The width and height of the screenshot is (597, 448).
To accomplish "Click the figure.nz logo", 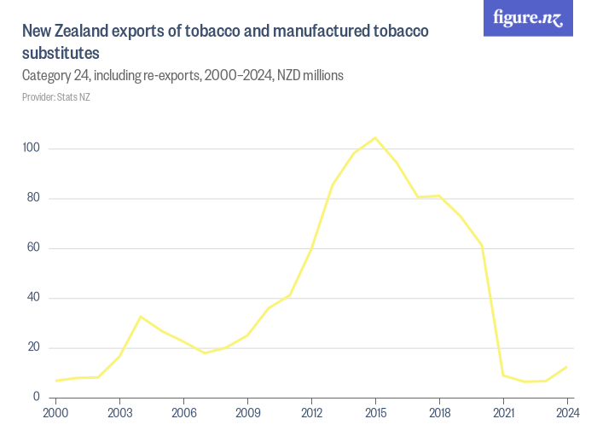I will (x=528, y=18).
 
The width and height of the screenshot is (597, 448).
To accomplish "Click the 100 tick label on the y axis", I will (x=32, y=148).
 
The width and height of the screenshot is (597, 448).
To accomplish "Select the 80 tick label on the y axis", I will (x=32, y=198).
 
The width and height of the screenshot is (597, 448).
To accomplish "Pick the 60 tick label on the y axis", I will (x=32, y=248).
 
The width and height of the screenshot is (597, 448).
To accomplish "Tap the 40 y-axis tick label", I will (x=32, y=298).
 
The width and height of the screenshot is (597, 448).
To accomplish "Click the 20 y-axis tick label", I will (x=32, y=347).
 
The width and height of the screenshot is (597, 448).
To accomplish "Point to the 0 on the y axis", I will (x=36, y=397).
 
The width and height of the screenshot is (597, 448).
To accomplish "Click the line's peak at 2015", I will (x=375, y=137).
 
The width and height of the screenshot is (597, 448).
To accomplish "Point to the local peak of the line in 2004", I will (x=141, y=317).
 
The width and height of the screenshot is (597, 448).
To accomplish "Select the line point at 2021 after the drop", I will (x=503, y=375).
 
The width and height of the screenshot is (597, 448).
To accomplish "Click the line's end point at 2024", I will (x=567, y=367).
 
